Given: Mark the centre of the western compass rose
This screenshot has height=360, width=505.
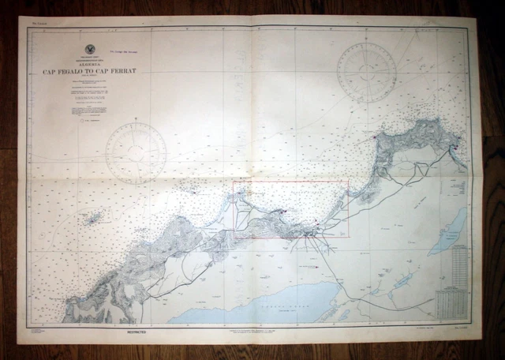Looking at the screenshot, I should tap(136, 154).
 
